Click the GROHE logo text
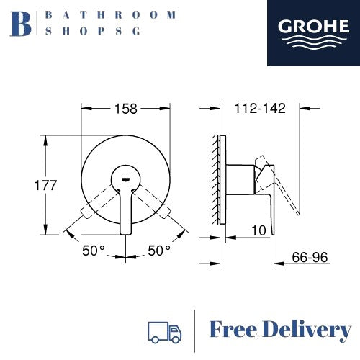[x=313, y=27]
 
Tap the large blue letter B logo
[x=20, y=24]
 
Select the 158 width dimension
[x=126, y=109]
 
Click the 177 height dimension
[x=45, y=185]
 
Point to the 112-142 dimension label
[x=260, y=109]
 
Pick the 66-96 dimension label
[x=310, y=258]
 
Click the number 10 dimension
[x=258, y=230]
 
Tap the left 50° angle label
[x=94, y=251]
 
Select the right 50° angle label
[x=159, y=251]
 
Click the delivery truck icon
[x=164, y=332]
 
